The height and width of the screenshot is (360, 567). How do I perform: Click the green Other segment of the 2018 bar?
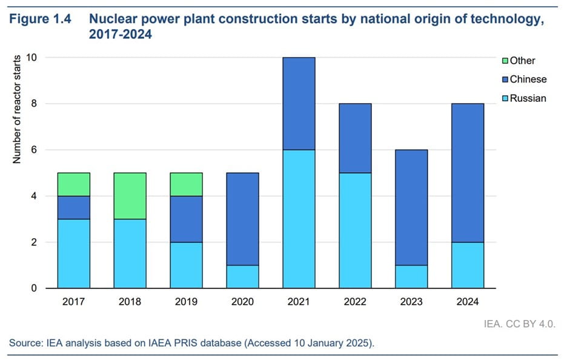(130, 196)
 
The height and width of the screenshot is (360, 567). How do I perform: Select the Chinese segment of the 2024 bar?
(468, 173)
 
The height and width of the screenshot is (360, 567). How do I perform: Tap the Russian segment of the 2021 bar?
(299, 219)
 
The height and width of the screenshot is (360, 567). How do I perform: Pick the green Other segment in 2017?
(73, 184)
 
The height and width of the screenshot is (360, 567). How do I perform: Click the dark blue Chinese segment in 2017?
(73, 207)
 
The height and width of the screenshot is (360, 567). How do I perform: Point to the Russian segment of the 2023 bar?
(411, 276)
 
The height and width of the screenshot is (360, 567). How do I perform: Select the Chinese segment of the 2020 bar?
(242, 219)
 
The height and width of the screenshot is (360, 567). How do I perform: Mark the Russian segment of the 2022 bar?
(355, 230)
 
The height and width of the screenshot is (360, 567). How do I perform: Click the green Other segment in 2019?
(186, 184)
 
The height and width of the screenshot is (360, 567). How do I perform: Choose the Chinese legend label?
(528, 79)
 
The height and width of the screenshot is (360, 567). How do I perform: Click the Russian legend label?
(528, 98)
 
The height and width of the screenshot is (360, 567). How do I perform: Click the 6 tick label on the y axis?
(35, 150)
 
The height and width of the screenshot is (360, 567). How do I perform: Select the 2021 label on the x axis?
(299, 302)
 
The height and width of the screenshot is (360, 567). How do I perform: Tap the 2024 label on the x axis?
(468, 302)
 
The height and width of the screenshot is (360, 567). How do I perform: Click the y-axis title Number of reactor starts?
(17, 109)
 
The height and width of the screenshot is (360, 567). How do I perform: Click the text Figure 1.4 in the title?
(40, 19)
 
